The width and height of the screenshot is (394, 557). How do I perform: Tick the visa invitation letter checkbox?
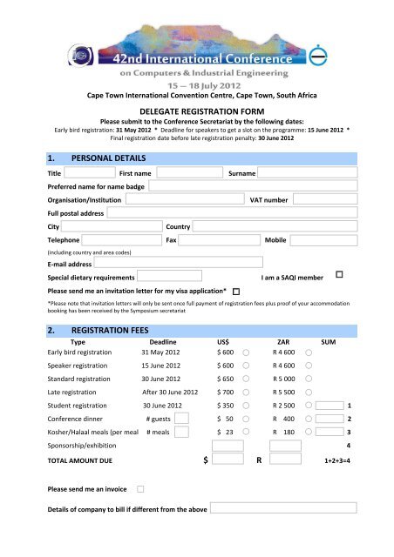pos(236,289)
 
